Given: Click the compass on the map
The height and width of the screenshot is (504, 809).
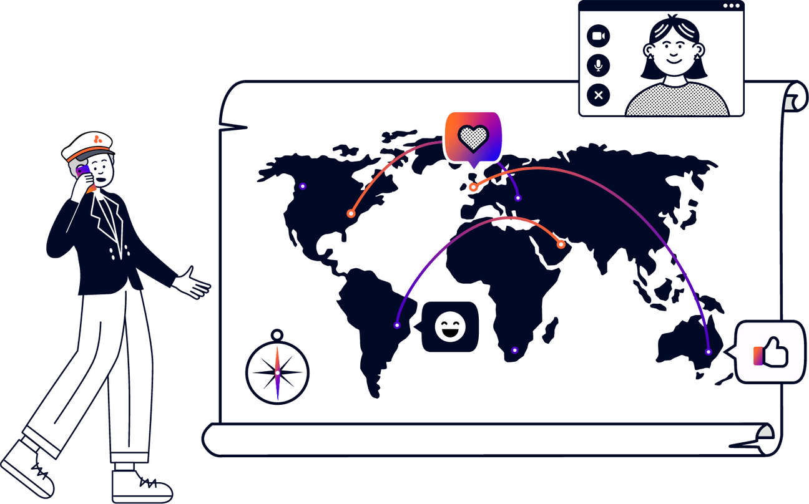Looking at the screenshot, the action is [277, 372].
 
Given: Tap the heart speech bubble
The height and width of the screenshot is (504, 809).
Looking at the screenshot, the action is [473, 137].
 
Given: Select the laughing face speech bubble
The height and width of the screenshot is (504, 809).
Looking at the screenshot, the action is [450, 327].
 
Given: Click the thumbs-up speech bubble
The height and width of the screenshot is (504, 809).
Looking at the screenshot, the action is [770, 352].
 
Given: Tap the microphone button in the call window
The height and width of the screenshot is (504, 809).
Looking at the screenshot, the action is [599, 65].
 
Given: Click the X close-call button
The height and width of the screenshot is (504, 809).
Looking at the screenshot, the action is [599, 95].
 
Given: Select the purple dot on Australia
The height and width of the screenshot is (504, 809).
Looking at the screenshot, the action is [708, 352].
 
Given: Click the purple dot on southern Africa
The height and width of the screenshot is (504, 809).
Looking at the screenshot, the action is [514, 351].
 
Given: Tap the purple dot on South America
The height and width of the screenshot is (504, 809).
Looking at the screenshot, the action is [397, 325].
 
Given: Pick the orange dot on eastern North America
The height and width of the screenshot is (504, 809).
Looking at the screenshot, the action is [351, 213].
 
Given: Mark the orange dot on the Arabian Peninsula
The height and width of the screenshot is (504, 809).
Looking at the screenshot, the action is [561, 244].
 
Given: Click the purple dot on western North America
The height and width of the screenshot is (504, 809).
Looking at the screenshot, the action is [303, 186].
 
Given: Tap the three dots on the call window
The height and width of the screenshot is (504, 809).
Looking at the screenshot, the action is [731, 6].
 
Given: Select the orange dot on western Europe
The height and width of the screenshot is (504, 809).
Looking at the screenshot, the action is [473, 187].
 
